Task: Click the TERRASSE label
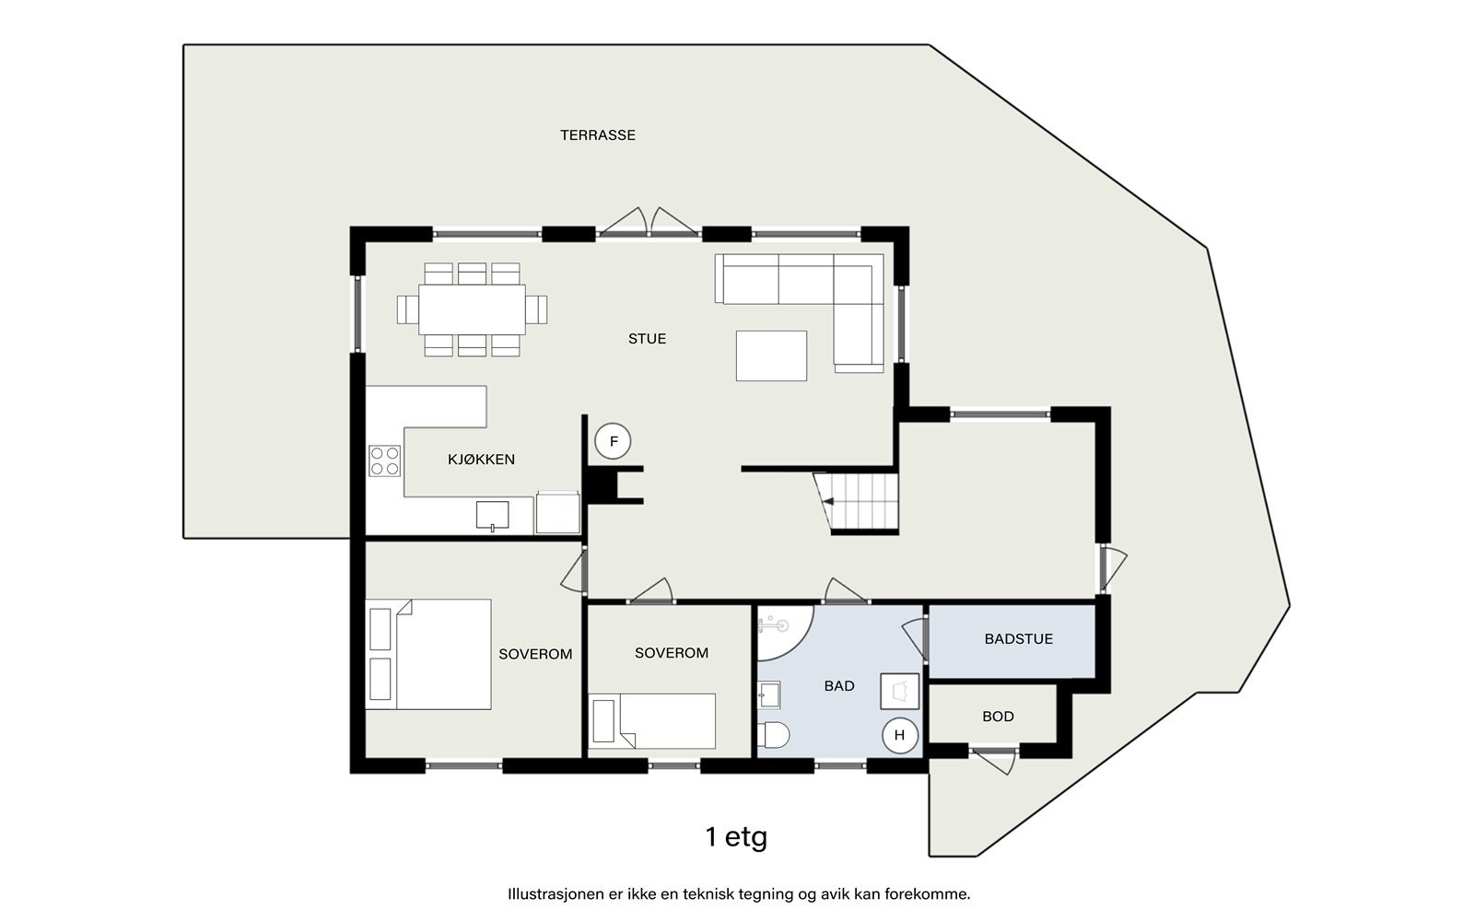(598, 135)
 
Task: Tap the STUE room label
(647, 339)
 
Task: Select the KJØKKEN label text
(481, 460)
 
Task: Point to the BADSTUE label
(1019, 639)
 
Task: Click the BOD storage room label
(998, 717)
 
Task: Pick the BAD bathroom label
(839, 686)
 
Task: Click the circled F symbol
(614, 441)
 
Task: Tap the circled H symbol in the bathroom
(899, 736)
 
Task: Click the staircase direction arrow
(828, 501)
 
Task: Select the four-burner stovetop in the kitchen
(384, 460)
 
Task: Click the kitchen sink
(492, 515)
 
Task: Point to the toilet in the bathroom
(773, 736)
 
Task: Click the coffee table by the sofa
(771, 356)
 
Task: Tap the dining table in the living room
(472, 309)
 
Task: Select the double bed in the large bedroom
(428, 654)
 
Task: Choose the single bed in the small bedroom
(651, 721)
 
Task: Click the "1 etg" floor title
(736, 837)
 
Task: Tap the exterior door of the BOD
(994, 760)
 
